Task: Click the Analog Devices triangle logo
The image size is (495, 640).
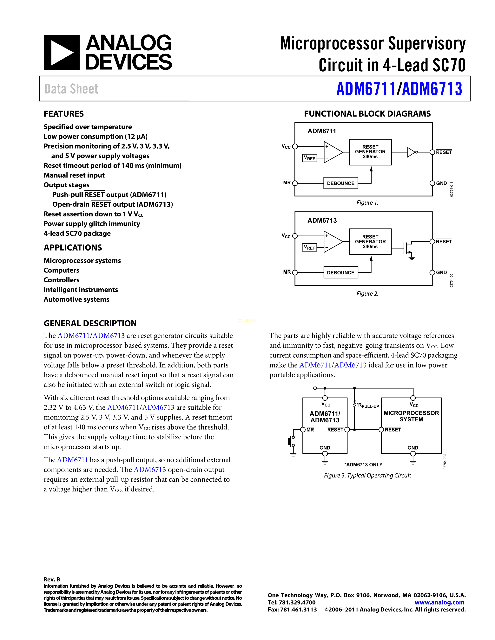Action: pos(62,52)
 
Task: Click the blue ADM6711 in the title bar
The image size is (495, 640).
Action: pos(366,89)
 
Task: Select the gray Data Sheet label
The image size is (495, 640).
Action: pos(71,89)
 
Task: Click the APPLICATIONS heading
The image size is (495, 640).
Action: pos(73,248)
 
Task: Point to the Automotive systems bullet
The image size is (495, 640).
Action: pos(76,299)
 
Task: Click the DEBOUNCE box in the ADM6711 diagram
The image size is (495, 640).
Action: pos(340,183)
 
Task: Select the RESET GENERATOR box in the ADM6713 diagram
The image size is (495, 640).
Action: pos(370,241)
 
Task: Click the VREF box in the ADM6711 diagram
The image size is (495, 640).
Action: pos(309,158)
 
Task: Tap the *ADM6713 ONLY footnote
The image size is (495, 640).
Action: pos(363,464)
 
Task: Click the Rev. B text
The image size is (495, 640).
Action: pos(52,579)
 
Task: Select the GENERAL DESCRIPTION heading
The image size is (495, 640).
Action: pos(90,323)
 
